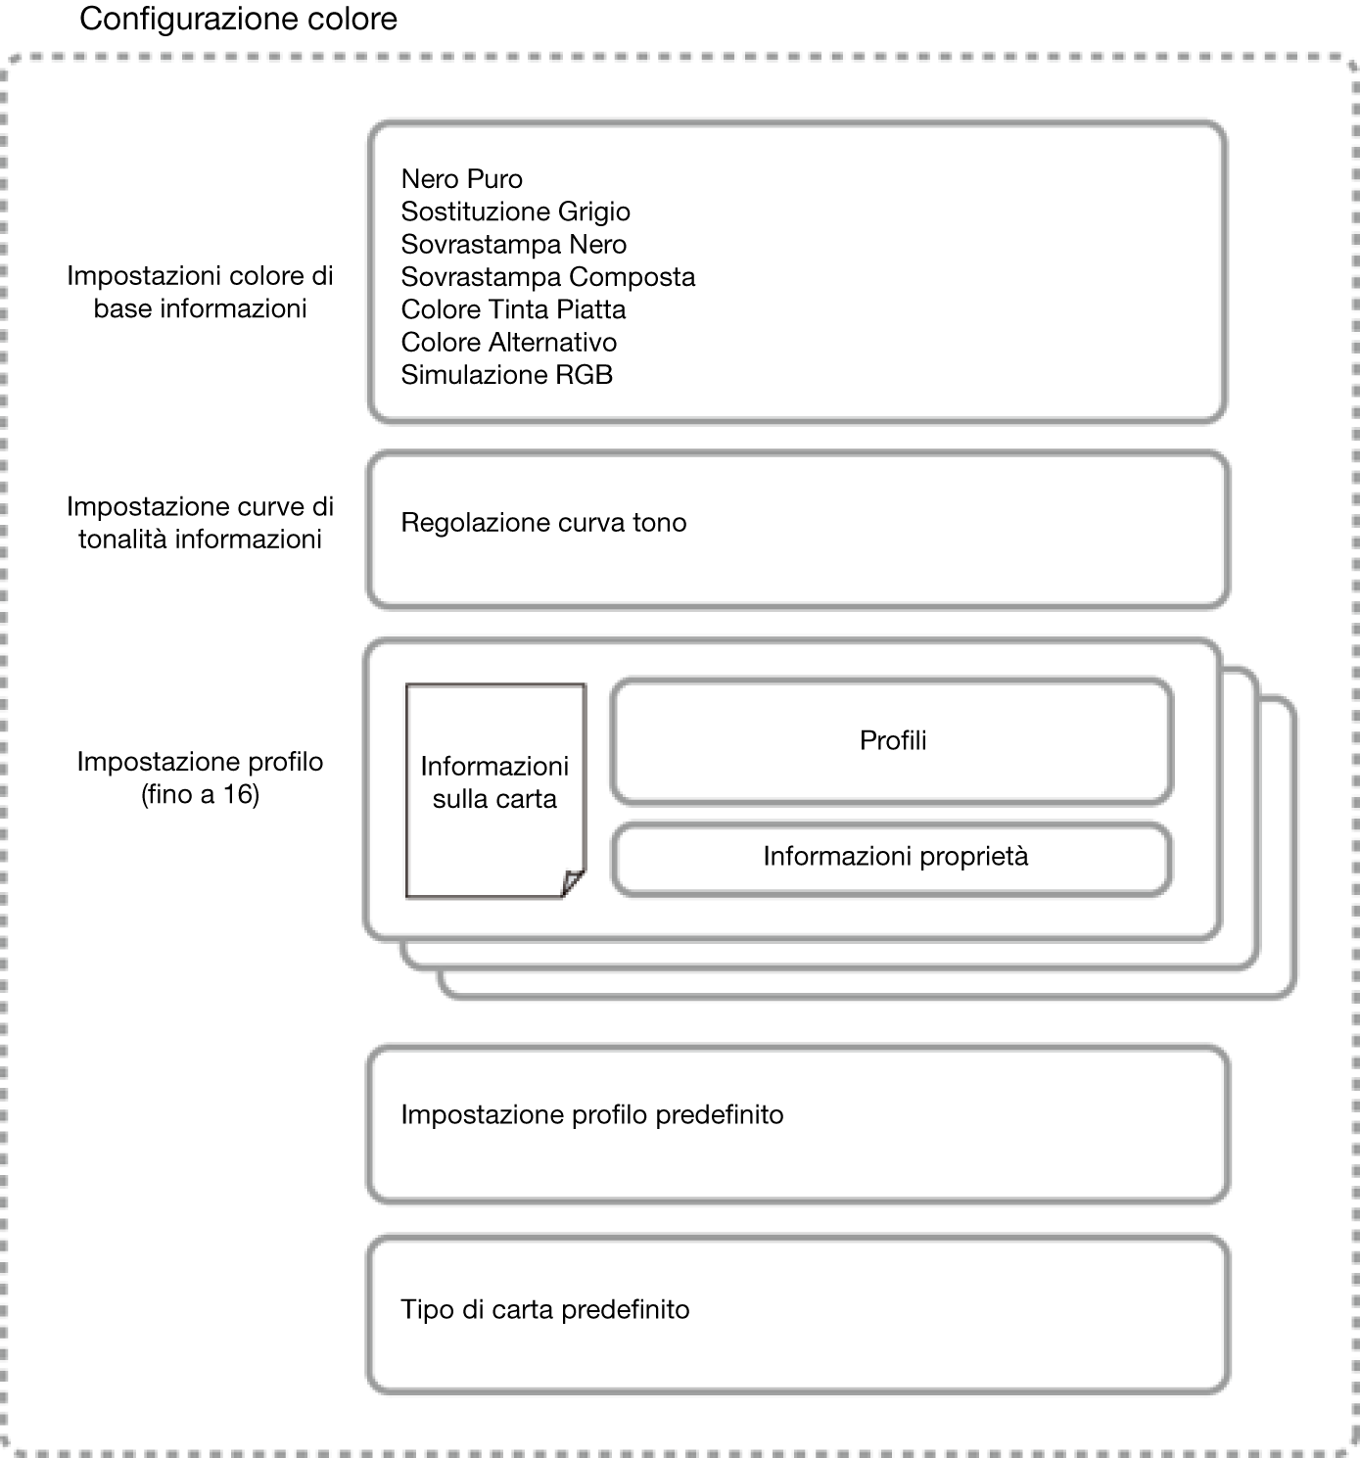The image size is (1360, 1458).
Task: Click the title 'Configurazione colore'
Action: pyautogui.click(x=238, y=20)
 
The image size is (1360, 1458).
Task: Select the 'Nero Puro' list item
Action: pyautogui.click(x=462, y=179)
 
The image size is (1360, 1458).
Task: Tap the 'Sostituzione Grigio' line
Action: pyautogui.click(x=515, y=212)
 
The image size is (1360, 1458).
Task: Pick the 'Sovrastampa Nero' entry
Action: pyautogui.click(x=514, y=245)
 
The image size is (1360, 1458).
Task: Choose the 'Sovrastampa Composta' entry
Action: pyautogui.click(x=548, y=277)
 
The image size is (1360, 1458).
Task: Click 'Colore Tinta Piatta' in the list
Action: pyautogui.click(x=513, y=309)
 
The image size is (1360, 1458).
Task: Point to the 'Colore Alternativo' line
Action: pyautogui.click(x=509, y=342)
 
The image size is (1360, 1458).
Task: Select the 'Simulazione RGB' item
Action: pyautogui.click(x=507, y=375)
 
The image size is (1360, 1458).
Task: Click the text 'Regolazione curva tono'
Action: pyautogui.click(x=543, y=523)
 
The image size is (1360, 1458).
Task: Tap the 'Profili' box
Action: pyautogui.click(x=891, y=741)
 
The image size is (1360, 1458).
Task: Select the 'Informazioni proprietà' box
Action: pyautogui.click(x=891, y=859)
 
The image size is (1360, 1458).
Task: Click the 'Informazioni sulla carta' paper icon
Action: pyautogui.click(x=495, y=790)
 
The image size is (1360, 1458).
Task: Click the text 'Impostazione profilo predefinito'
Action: pyautogui.click(x=591, y=1115)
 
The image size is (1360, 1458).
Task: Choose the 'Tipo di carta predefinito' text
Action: pyautogui.click(x=544, y=1310)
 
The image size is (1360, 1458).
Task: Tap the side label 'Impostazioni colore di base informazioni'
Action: pyautogui.click(x=200, y=292)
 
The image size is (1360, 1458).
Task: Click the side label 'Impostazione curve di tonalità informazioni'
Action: pyautogui.click(x=200, y=523)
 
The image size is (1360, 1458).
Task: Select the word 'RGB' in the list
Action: pyautogui.click(x=584, y=375)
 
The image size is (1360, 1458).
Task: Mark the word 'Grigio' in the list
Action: pyautogui.click(x=593, y=212)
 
